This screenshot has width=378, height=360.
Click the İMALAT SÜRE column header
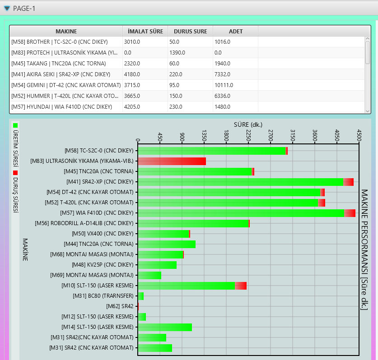pyautogui.click(x=145, y=31)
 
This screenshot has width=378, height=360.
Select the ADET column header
pyautogui.click(x=235, y=31)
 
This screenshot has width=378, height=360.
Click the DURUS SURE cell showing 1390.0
pyautogui.click(x=190, y=53)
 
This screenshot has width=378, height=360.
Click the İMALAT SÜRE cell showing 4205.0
pyautogui.click(x=145, y=107)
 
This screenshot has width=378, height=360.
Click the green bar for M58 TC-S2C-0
pyautogui.click(x=211, y=151)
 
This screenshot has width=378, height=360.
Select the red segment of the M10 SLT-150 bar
pyautogui.click(x=241, y=286)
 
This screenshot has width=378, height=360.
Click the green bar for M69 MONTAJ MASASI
pyautogui.click(x=149, y=275)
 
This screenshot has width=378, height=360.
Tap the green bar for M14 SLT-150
pyautogui.click(x=165, y=327)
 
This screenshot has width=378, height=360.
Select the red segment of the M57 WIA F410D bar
pyautogui.click(x=350, y=213)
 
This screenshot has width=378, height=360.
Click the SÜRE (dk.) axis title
pyautogui.click(x=248, y=124)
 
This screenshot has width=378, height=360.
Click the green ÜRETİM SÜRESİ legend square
pyautogui.click(x=15, y=125)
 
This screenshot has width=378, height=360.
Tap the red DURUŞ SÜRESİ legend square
pyautogui.click(x=15, y=173)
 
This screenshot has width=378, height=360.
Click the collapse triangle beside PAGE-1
pyautogui.click(x=7, y=8)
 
